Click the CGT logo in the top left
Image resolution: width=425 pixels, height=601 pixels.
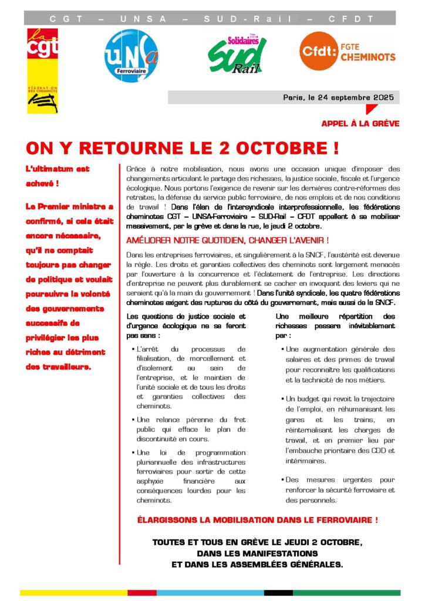42,70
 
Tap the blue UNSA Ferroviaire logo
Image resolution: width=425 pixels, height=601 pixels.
131,56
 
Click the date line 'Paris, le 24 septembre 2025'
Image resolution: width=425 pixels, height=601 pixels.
338,97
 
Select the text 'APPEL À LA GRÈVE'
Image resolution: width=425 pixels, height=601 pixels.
360,124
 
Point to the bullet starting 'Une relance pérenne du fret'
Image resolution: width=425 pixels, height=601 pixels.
191,428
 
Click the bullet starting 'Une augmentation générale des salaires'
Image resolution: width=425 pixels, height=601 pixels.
340,364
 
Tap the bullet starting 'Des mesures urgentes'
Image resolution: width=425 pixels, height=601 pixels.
340,490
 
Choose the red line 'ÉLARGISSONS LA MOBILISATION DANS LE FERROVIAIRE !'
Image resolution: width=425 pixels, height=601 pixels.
257,520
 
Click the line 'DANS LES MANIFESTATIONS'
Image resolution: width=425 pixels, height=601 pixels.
257,553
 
